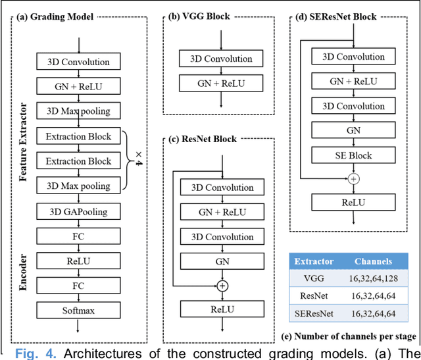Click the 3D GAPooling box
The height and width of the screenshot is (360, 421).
tap(78, 211)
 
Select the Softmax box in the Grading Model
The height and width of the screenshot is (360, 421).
tap(78, 309)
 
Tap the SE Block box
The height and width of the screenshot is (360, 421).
tap(353, 155)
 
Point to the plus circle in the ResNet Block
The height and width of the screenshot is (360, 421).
tap(222, 286)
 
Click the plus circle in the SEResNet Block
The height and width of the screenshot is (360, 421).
tap(353, 179)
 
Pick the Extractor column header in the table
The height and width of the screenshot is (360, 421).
tap(313, 261)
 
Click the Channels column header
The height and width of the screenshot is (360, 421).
tap(373, 261)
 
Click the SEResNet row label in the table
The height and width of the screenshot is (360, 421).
tap(313, 314)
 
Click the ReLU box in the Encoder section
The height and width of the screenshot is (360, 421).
tap(78, 261)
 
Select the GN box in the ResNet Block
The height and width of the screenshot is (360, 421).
tap(222, 261)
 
